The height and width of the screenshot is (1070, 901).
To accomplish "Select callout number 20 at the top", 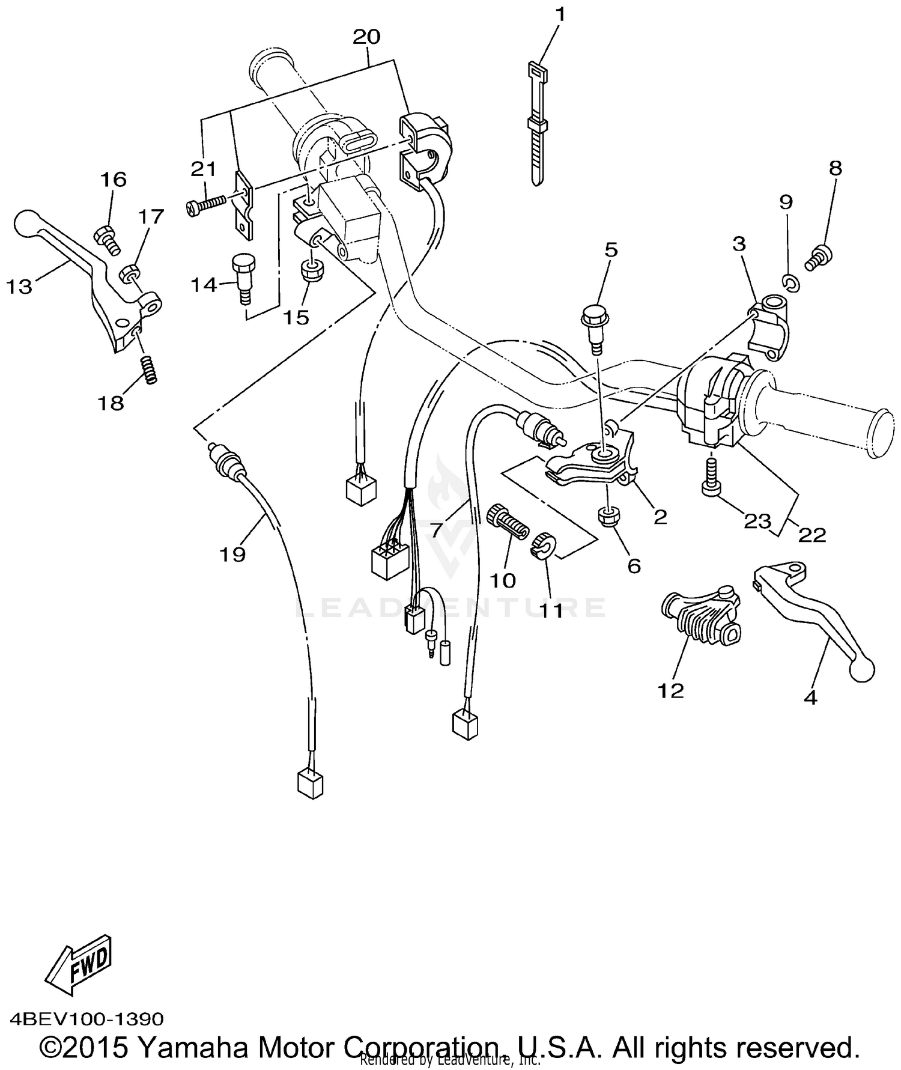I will click(x=366, y=37).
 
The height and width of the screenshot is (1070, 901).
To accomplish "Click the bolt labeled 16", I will click(x=106, y=239).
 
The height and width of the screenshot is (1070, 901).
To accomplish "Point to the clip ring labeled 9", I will click(x=791, y=282).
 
